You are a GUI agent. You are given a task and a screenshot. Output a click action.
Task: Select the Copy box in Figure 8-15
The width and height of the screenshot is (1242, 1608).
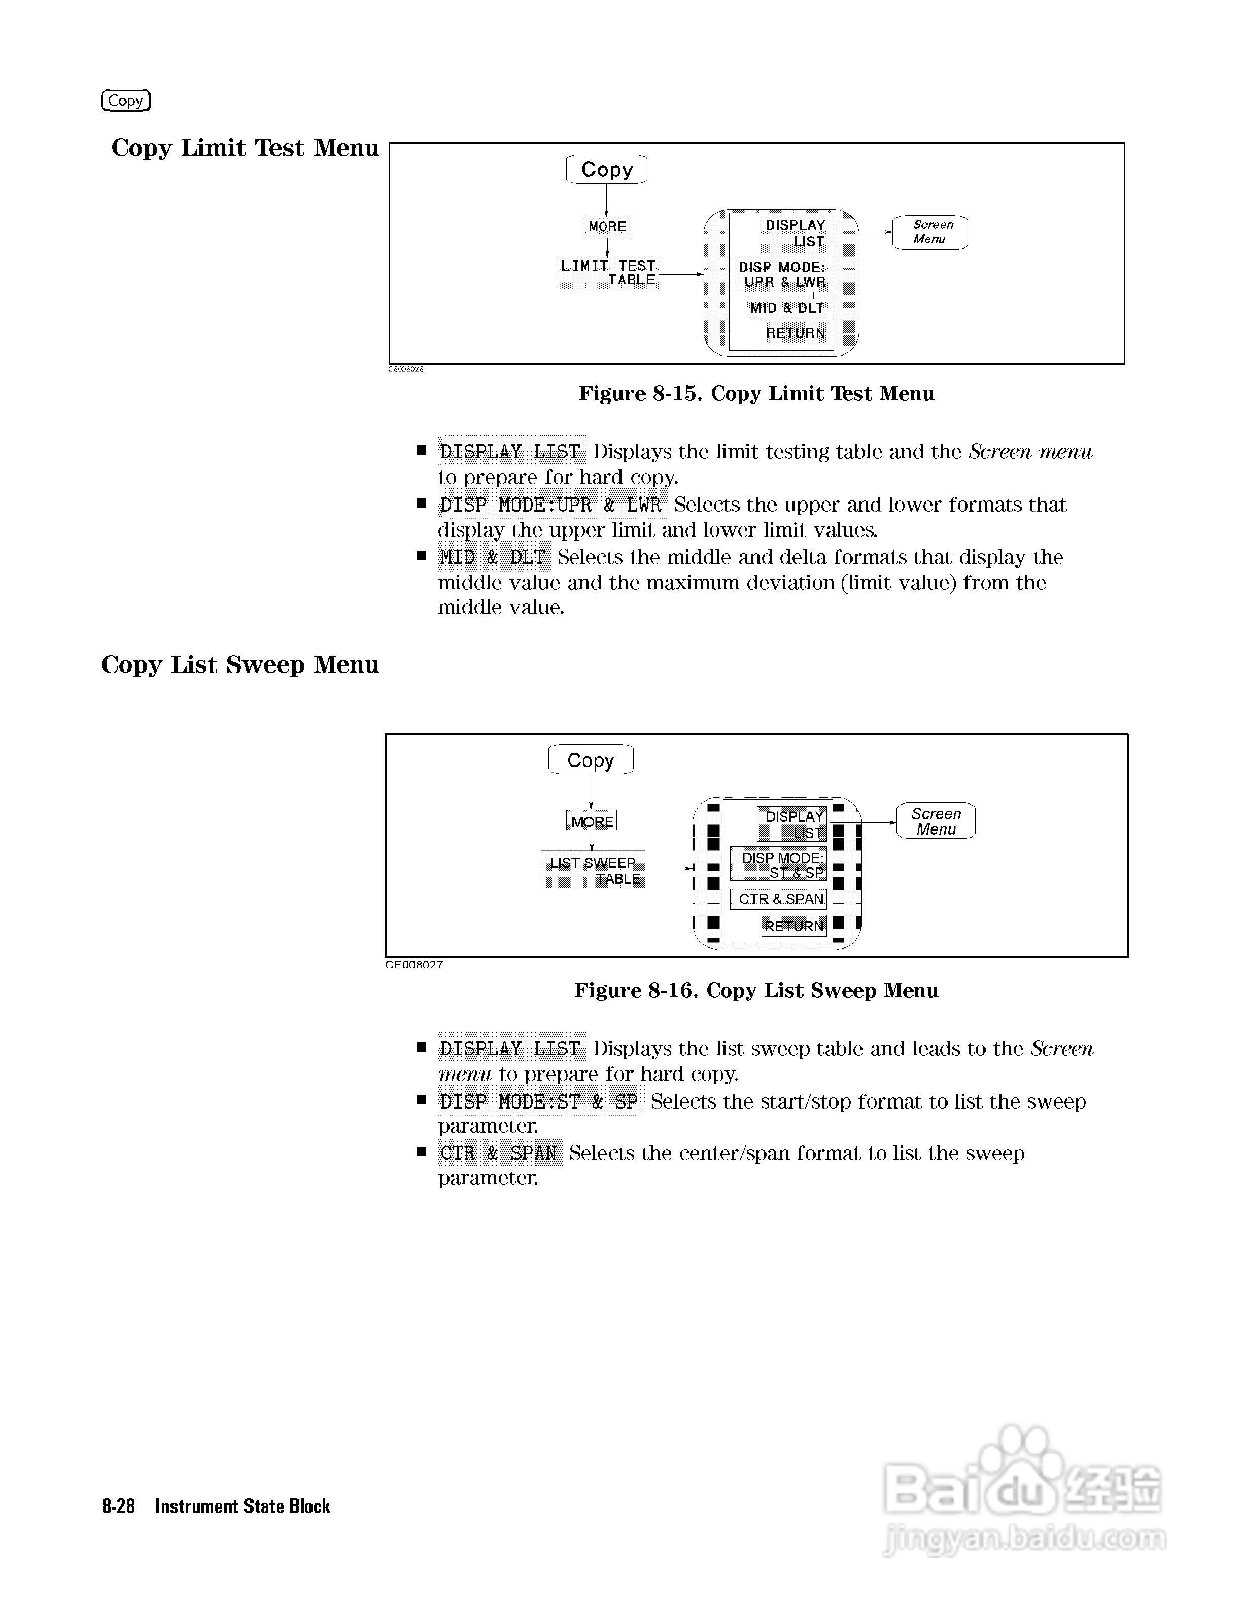[x=606, y=170]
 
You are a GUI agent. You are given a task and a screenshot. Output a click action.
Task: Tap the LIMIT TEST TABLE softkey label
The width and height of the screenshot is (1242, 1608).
[x=608, y=273]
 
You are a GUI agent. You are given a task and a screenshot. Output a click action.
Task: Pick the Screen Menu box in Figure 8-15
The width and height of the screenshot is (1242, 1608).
[x=930, y=232]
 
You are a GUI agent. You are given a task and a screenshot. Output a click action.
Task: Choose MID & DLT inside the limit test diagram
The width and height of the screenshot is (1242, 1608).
[x=786, y=308]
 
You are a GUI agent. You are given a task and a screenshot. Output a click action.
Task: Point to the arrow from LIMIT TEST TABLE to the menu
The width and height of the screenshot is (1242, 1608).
[x=680, y=275]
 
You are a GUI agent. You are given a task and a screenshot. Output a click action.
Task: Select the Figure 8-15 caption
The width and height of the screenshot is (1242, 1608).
[x=756, y=394]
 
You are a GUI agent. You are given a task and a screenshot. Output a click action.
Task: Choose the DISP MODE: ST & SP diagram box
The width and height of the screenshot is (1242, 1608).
[x=778, y=865]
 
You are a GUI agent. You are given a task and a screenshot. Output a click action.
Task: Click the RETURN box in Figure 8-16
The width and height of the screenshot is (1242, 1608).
[x=794, y=926]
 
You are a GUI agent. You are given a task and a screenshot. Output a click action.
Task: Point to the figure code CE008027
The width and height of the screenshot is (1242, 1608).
[x=414, y=964]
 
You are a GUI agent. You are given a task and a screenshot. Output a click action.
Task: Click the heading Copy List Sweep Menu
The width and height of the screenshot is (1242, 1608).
[x=240, y=665]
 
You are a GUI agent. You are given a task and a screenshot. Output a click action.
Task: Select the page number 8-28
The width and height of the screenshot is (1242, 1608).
[x=118, y=1506]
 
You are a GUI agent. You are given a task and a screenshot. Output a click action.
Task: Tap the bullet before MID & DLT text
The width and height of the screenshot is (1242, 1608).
[x=422, y=557]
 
